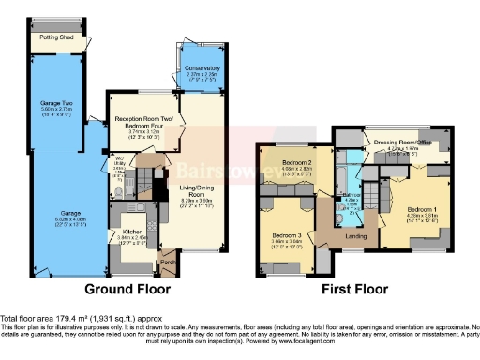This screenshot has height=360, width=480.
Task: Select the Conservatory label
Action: pyautogui.click(x=202, y=68)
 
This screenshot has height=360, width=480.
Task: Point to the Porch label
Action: pyautogui.click(x=169, y=262)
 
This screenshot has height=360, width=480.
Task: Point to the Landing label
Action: pyautogui.click(x=356, y=235)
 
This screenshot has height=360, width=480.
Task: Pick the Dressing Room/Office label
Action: pyautogui.click(x=401, y=142)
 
